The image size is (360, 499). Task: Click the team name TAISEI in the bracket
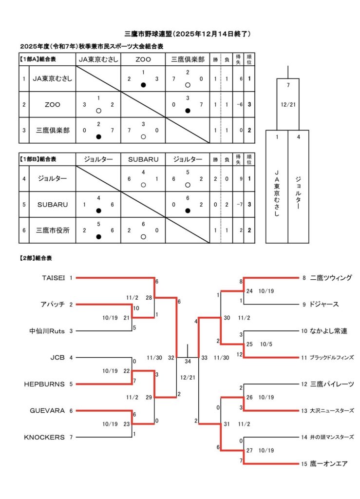point(54,278)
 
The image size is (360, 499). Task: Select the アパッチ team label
point(52,305)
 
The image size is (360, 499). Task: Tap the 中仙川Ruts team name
point(47,331)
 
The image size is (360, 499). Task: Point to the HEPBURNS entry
point(44,384)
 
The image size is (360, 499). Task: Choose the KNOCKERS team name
point(44,437)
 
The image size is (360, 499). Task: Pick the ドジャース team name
point(324,305)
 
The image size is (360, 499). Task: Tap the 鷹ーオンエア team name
point(328,464)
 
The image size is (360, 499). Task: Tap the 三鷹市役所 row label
point(53,230)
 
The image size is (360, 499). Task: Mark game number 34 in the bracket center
point(188,362)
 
